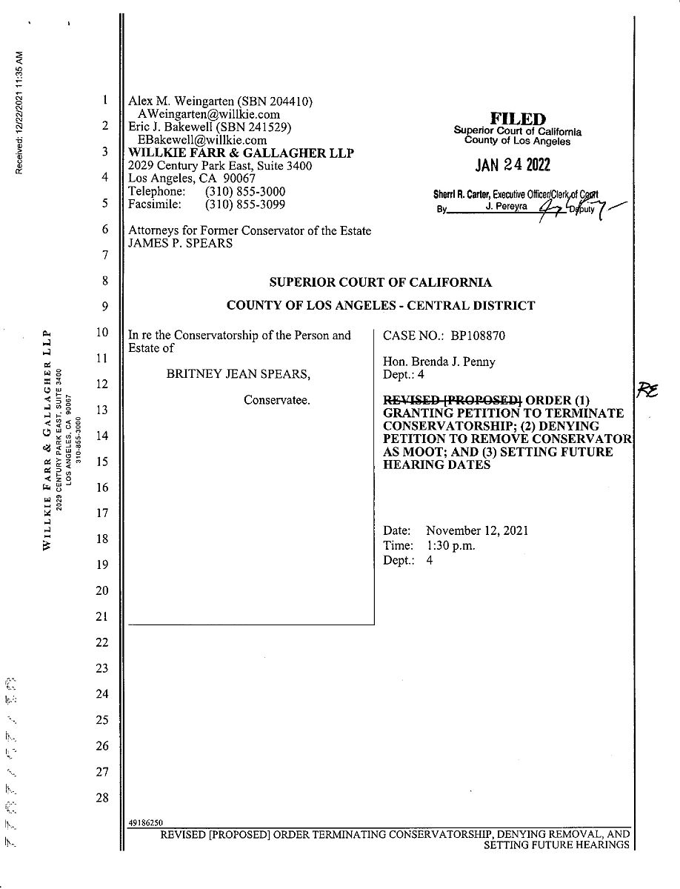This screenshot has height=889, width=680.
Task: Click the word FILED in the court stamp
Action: (x=518, y=119)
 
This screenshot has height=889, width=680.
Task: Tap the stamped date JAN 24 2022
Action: (x=518, y=165)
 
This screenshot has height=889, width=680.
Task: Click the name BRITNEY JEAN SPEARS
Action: (x=239, y=374)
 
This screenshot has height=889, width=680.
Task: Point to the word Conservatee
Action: (x=277, y=400)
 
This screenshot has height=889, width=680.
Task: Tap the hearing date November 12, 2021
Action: (x=477, y=531)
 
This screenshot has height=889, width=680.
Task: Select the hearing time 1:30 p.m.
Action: (x=450, y=546)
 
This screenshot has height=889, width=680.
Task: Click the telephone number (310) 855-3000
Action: (x=245, y=192)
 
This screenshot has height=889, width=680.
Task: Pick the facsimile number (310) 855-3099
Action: (x=245, y=204)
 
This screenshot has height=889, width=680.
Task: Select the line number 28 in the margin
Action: (x=102, y=798)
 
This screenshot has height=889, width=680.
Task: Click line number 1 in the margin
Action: (x=105, y=100)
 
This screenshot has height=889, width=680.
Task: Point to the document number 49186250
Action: (x=146, y=822)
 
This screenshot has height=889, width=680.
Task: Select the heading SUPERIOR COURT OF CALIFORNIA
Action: (x=380, y=282)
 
